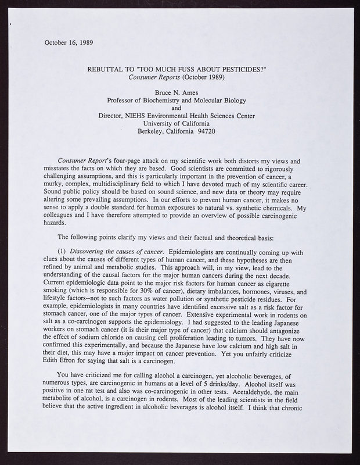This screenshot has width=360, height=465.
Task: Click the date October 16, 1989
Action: (69, 42)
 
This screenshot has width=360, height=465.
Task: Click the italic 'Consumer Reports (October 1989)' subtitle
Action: (180, 78)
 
